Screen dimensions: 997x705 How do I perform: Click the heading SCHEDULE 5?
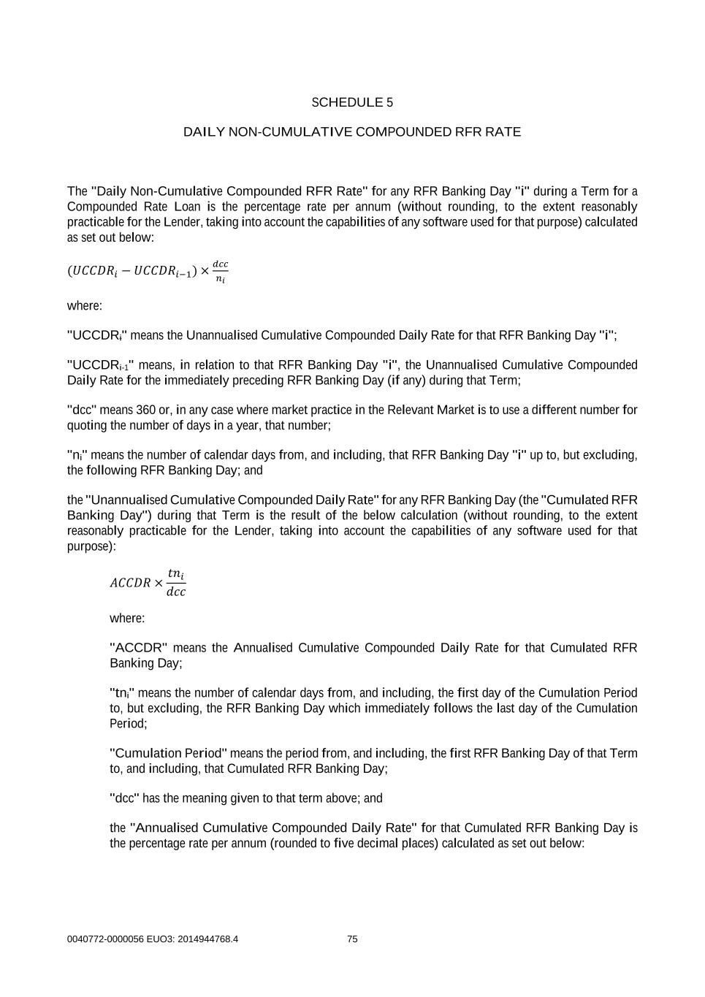(x=352, y=102)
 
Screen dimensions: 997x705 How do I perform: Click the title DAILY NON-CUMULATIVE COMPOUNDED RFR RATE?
(x=352, y=132)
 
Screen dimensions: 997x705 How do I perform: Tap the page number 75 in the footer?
(x=352, y=939)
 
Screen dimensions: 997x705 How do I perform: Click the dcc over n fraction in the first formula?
(x=220, y=272)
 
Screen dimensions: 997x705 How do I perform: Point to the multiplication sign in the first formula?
(x=205, y=271)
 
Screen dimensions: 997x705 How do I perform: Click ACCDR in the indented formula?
(x=130, y=583)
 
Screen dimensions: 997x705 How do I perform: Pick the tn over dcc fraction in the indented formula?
(x=176, y=583)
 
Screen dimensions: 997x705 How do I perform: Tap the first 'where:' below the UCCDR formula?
(x=85, y=305)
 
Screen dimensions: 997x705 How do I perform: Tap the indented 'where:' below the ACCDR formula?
(x=127, y=618)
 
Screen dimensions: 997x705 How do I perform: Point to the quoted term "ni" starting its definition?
(x=77, y=455)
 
